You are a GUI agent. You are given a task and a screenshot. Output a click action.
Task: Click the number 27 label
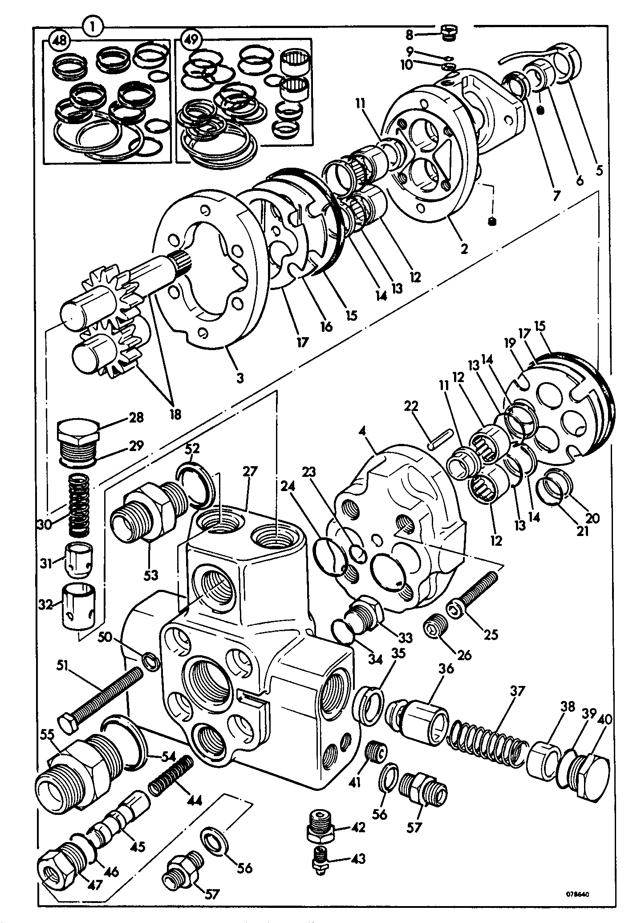coord(250,472)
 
